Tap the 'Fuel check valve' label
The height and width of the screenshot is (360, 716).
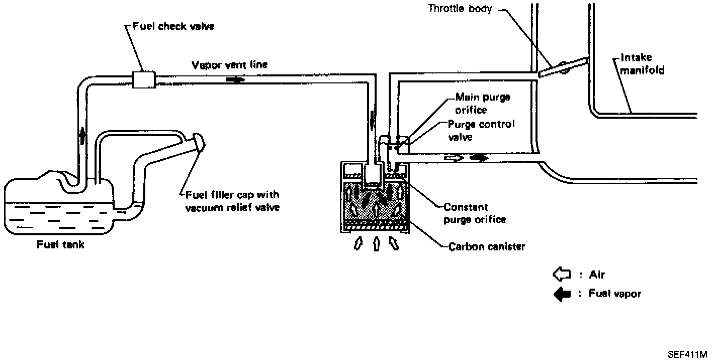tap(173, 26)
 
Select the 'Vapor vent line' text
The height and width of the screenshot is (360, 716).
tap(230, 65)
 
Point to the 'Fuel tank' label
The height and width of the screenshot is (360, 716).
tap(61, 245)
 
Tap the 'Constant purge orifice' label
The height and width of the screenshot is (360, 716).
tap(474, 213)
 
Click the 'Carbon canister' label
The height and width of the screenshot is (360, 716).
tap(486, 247)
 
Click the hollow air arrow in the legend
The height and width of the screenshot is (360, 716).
tap(562, 275)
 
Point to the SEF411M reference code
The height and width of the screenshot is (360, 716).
tap(687, 354)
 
